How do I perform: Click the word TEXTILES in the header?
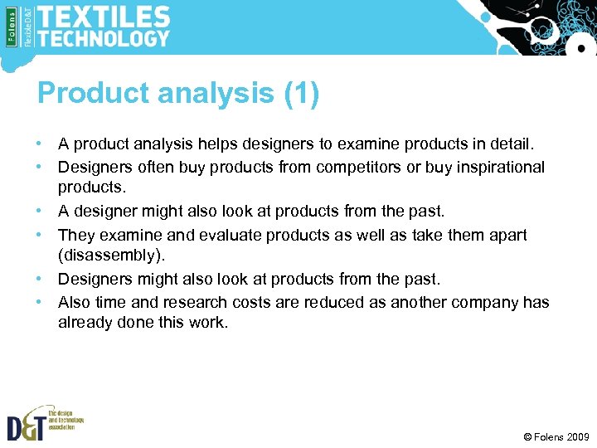click(x=104, y=16)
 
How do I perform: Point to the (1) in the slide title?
click(x=301, y=94)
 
